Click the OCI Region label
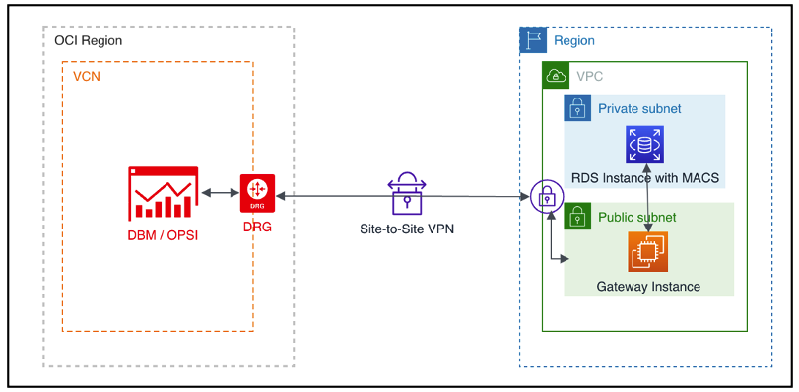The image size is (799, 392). (88, 41)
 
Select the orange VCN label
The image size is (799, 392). (87, 76)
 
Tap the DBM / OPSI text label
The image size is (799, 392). (163, 233)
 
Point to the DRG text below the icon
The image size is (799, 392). (257, 226)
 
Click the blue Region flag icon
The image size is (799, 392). (533, 40)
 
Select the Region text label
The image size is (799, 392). (574, 40)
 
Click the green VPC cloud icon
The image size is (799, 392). (556, 76)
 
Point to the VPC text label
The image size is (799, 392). (590, 76)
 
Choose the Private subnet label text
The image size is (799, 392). (638, 108)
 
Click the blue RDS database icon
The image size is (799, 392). (646, 145)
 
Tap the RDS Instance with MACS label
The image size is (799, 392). (645, 178)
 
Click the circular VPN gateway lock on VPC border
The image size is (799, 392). (545, 197)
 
